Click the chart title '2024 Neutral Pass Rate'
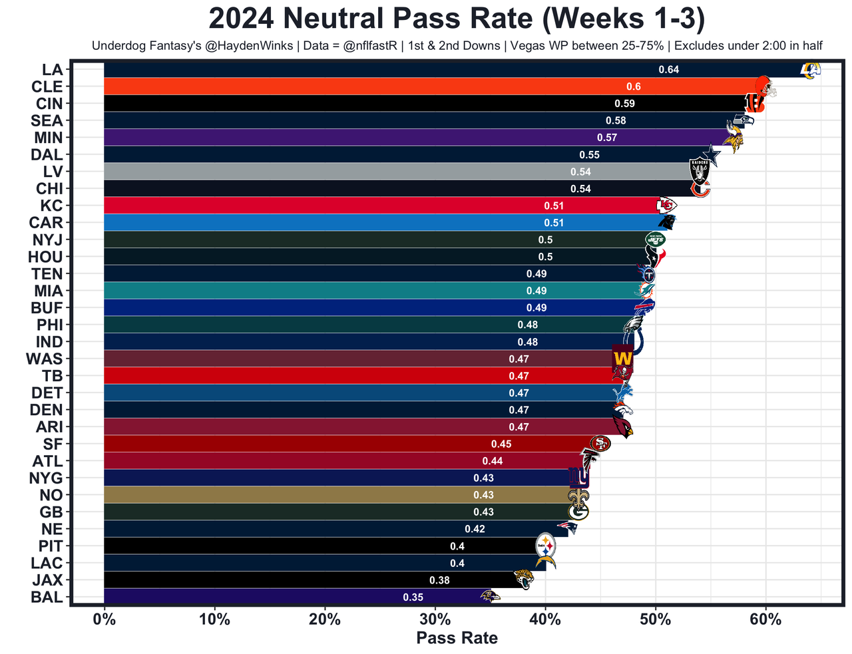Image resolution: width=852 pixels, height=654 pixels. [x=457, y=19]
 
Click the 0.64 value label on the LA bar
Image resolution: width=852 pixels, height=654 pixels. [x=668, y=70]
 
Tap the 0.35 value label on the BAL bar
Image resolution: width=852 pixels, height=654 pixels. [x=413, y=597]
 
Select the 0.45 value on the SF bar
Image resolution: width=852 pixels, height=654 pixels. [x=501, y=444]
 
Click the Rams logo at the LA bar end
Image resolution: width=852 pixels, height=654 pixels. [x=810, y=70]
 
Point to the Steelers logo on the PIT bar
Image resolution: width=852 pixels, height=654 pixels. [x=546, y=546]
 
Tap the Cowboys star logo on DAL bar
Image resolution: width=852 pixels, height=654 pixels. [x=711, y=156]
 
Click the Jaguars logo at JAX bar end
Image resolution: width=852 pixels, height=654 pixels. [x=524, y=579]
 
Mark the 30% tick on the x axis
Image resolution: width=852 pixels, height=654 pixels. [x=435, y=621]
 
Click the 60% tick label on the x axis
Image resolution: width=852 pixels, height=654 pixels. [x=765, y=621]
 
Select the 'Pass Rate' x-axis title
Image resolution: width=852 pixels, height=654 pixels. [x=457, y=639]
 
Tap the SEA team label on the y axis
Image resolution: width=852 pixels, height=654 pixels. [x=47, y=121]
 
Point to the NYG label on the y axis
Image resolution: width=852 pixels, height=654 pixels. [x=46, y=478]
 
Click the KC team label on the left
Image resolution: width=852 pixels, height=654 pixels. [x=51, y=206]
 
